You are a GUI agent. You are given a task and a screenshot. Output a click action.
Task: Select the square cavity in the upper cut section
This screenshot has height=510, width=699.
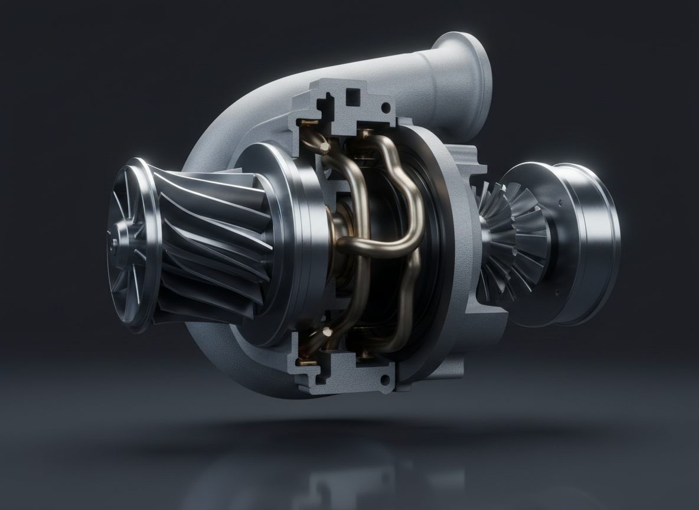(353, 96)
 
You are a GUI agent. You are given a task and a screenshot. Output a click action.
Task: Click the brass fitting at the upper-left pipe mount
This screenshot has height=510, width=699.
(306, 124)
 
